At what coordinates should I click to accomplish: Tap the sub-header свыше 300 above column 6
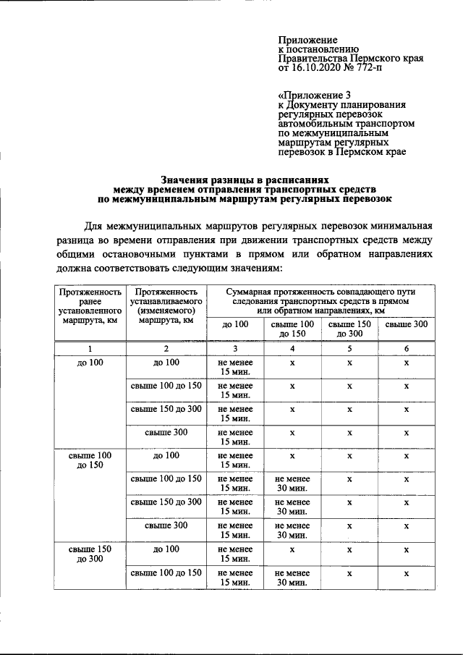tap(406, 324)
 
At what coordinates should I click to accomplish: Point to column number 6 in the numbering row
tap(406, 348)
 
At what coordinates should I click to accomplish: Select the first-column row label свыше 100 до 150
tap(89, 460)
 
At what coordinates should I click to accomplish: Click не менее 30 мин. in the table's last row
tap(292, 578)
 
